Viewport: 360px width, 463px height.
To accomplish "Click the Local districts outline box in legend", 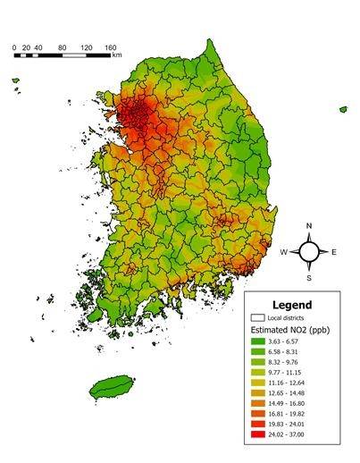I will coord(260,316).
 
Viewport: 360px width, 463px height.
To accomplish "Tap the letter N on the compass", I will coord(308,226).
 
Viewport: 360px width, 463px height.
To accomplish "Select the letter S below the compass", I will coord(308,277).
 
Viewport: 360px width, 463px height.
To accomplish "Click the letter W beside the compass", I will coord(283,252).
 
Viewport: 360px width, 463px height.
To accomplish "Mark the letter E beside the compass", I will coord(334,252).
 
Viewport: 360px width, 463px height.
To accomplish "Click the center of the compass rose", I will coord(308,252).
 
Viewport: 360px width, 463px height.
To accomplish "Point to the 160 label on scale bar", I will coord(136,46).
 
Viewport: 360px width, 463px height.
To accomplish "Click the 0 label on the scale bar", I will coord(14,46).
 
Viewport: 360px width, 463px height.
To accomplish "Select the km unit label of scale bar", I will coord(117,55).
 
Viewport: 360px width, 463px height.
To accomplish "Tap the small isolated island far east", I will coord(343,109).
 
